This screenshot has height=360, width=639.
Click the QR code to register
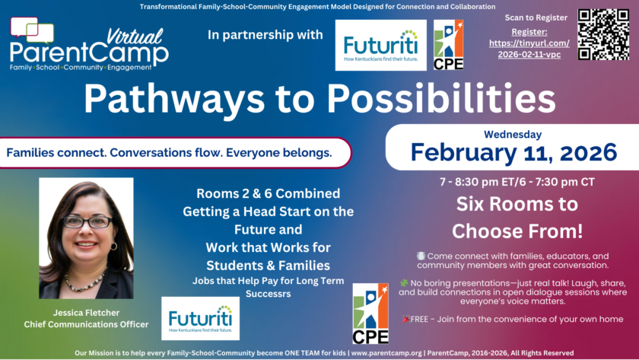tap(603, 35)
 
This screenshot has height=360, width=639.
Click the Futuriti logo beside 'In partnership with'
tap(380, 45)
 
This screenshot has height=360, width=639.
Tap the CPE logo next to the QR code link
tap(448, 45)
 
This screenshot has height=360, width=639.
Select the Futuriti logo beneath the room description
tap(201, 318)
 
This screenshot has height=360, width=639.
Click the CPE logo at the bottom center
tap(370, 314)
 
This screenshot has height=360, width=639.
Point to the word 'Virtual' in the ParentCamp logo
tap(135, 37)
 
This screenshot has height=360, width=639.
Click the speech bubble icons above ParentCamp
tap(32, 30)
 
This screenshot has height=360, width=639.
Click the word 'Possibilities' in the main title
tap(441, 99)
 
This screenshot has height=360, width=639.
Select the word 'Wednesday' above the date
tap(513, 135)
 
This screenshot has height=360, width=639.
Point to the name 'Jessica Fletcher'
tap(86, 313)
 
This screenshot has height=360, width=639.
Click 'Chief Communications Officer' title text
tap(86, 324)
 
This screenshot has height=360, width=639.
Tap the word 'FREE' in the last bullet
tap(419, 319)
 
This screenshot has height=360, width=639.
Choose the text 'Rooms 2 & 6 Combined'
tap(268, 193)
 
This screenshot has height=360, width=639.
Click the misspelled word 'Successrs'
tap(268, 294)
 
